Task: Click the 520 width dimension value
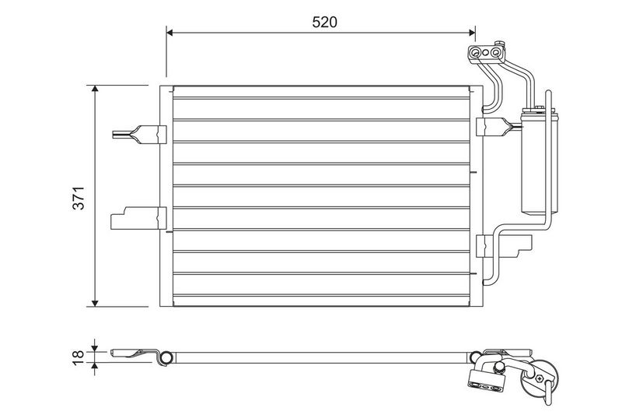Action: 324,23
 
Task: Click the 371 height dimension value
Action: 79,198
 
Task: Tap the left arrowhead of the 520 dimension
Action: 169,33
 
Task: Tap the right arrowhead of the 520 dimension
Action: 472,33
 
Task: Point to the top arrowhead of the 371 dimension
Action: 95,89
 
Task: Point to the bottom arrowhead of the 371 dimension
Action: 95,303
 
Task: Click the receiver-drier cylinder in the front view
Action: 540,164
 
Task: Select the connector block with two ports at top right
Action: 487,53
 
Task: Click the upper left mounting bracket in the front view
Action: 140,134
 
